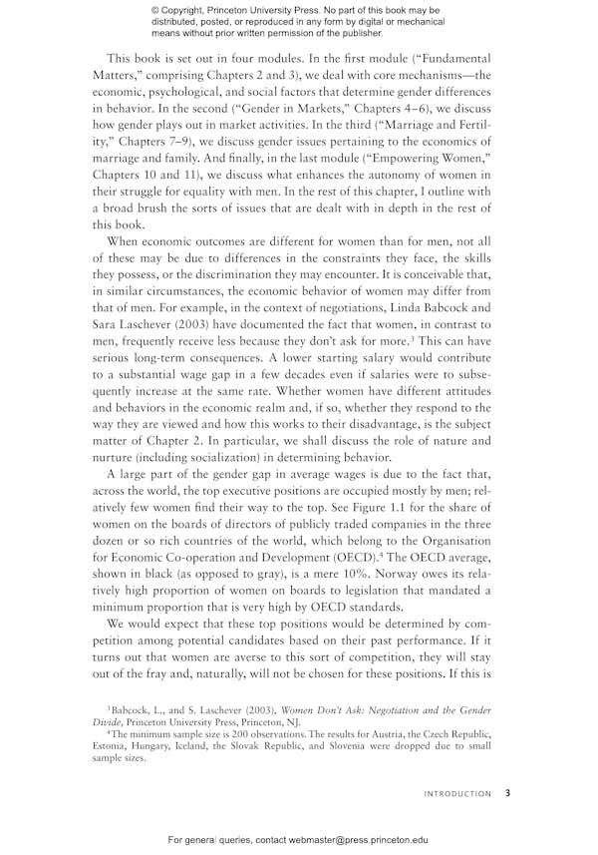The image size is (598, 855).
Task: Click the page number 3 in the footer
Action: (x=507, y=794)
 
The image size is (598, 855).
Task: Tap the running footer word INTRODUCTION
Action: (x=457, y=794)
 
